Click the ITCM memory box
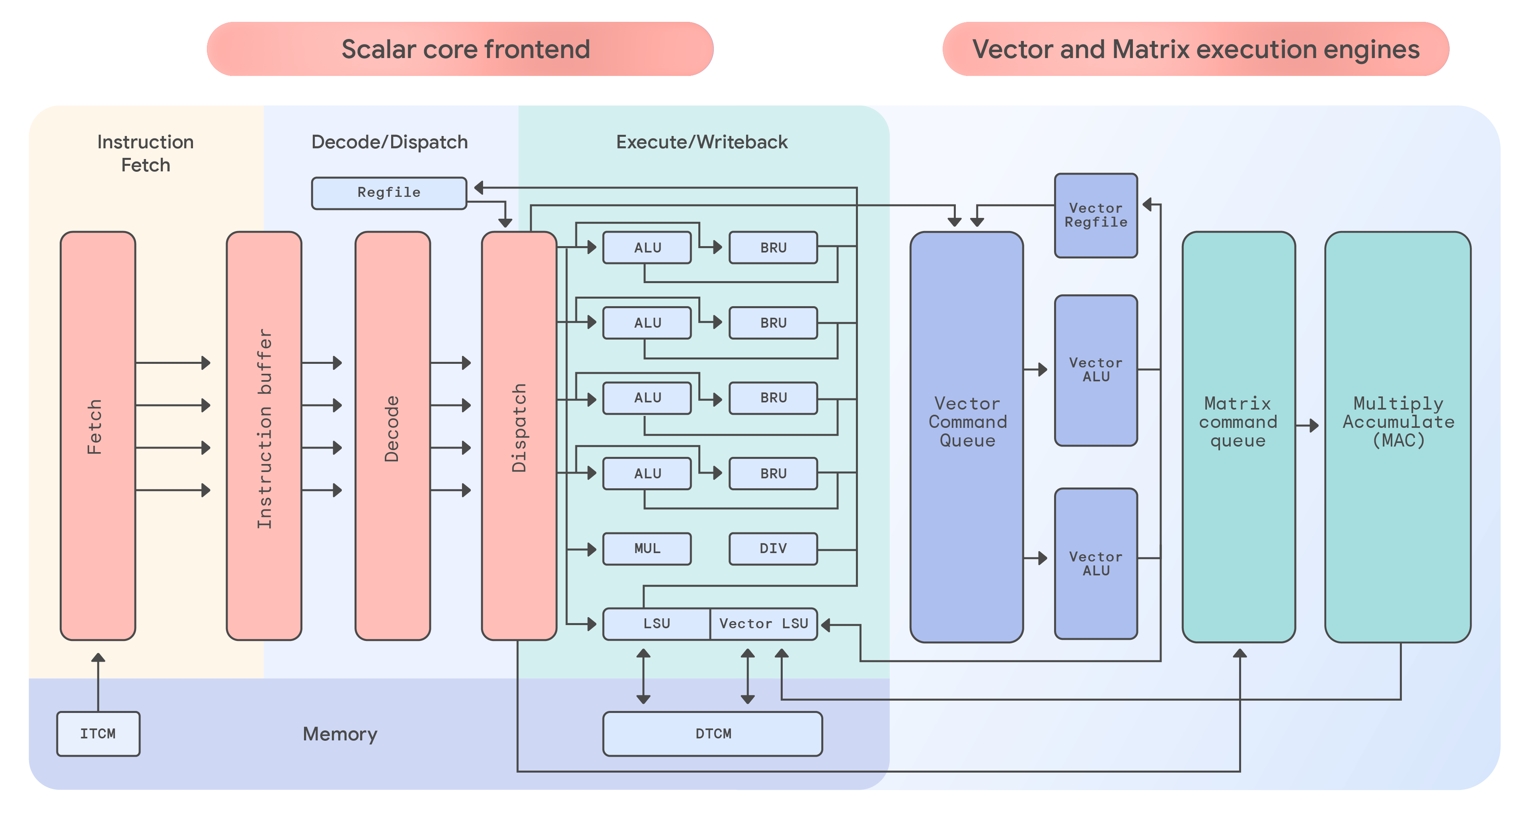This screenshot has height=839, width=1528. click(x=98, y=734)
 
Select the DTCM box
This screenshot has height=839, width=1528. click(x=712, y=734)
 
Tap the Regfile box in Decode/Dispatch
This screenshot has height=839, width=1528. click(x=388, y=193)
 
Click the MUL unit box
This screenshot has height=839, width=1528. click(x=647, y=548)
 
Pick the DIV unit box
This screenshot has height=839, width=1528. click(x=773, y=548)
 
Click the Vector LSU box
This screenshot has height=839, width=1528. click(x=764, y=624)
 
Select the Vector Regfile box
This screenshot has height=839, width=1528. click(x=1095, y=215)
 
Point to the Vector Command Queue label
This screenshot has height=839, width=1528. click(x=967, y=422)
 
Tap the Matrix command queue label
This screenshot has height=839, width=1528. click(x=1238, y=422)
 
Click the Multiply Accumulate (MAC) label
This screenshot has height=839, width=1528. click(x=1398, y=422)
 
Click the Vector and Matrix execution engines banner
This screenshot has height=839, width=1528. click(x=1195, y=49)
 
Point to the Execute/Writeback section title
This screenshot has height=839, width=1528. click(x=702, y=142)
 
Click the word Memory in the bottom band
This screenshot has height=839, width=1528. click(x=340, y=734)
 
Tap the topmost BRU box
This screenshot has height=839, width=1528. click(x=773, y=248)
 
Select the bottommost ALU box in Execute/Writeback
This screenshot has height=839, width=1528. click(x=647, y=473)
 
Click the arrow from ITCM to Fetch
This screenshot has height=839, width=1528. click(x=98, y=682)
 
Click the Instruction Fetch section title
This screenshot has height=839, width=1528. click(x=145, y=153)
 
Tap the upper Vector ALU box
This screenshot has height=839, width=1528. click(x=1095, y=370)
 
